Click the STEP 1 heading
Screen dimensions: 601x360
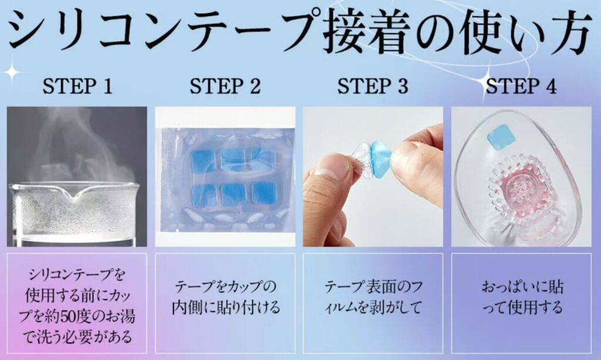point(77,86)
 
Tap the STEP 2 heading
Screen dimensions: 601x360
point(225,86)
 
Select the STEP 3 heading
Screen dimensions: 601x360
point(373,86)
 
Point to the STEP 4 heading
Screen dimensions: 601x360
point(521,86)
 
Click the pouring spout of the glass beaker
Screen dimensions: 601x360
point(77,194)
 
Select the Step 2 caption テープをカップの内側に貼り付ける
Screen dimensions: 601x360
point(225,297)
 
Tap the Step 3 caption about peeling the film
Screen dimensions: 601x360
point(373,297)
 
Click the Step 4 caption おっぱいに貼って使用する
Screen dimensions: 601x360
point(521,297)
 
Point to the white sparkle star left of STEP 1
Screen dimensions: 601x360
point(12,72)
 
